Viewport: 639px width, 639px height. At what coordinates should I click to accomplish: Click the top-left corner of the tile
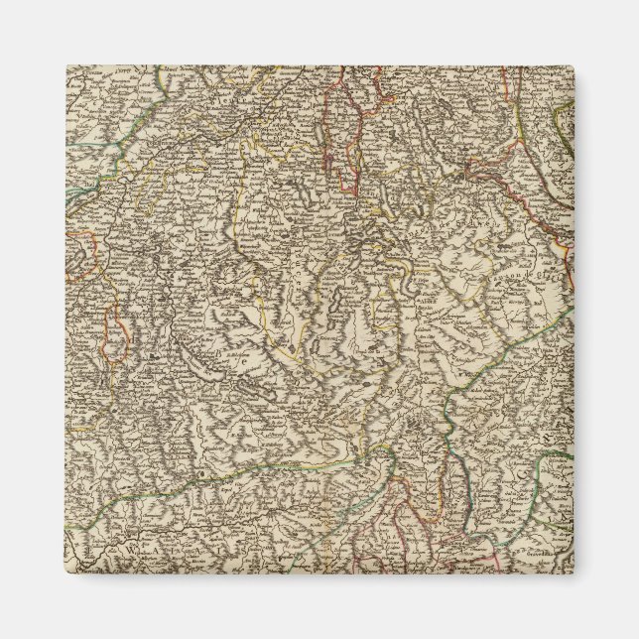click(65, 65)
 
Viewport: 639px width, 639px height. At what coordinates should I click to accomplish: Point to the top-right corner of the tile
click(574, 65)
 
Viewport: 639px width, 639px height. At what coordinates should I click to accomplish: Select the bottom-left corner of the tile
click(65, 574)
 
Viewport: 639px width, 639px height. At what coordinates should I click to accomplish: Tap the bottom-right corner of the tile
click(574, 574)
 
